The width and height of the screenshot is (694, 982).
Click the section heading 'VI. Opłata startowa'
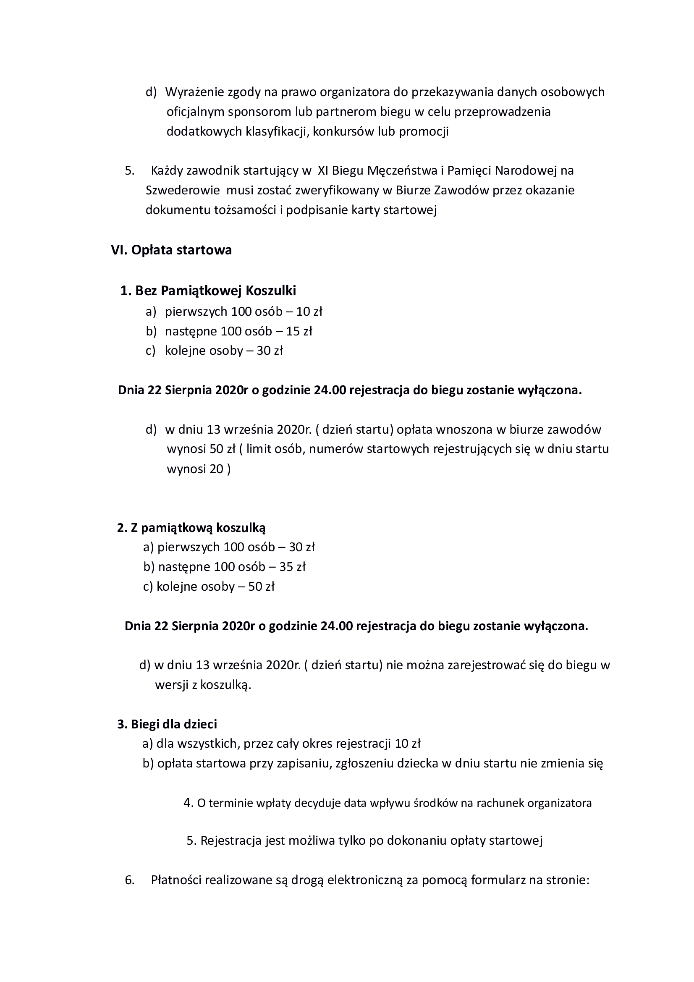171,250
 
